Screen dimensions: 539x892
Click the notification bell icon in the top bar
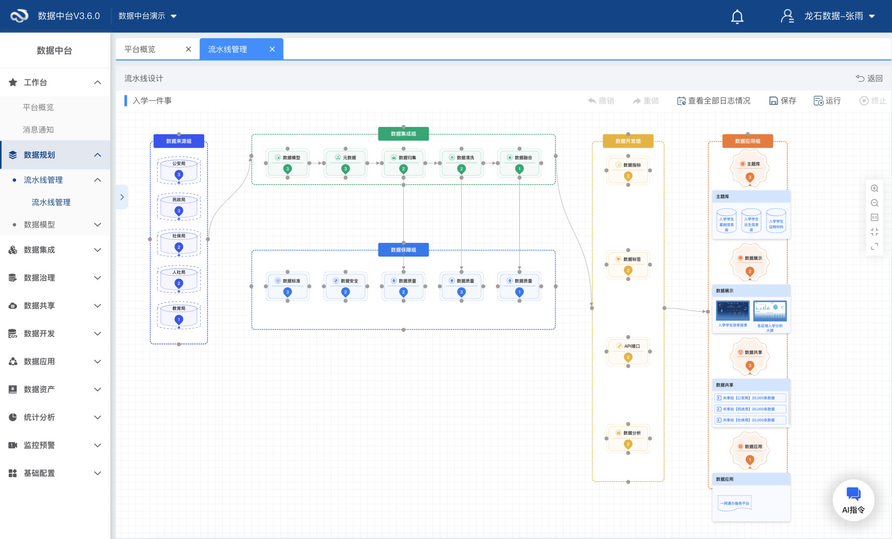(737, 17)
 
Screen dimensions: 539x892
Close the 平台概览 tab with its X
(188, 49)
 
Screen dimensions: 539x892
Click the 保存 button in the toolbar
(783, 101)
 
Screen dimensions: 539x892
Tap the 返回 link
(870, 79)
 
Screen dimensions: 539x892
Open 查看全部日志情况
(713, 101)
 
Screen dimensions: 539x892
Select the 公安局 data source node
(179, 170)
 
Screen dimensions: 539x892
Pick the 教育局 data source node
(179, 315)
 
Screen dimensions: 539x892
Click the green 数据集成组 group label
(403, 134)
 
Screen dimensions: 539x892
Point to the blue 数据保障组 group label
(403, 250)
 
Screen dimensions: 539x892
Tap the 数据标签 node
(628, 264)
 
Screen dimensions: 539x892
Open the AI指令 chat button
(853, 500)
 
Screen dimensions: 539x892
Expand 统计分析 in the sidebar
(55, 417)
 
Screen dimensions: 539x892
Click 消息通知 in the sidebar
(39, 130)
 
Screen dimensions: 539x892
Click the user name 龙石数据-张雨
(833, 16)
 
